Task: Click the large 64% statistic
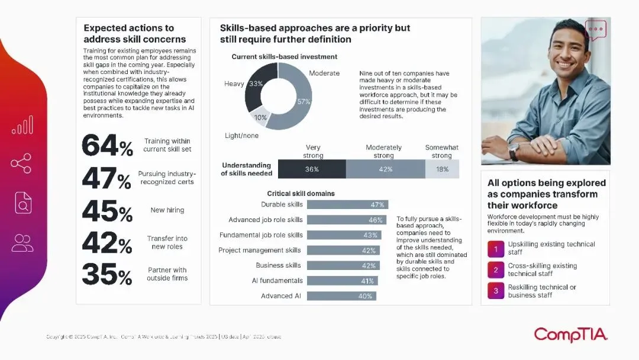click(107, 146)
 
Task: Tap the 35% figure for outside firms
click(107, 274)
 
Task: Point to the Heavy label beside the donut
click(234, 84)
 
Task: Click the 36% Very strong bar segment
click(312, 169)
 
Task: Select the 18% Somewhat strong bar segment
click(442, 169)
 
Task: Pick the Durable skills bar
click(347, 204)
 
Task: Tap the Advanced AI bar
click(341, 296)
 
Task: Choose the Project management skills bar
click(344, 250)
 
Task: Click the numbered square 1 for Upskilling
click(496, 248)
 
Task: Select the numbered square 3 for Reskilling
click(496, 291)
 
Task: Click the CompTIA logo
click(570, 335)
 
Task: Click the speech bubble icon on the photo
click(596, 29)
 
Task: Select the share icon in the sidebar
click(21, 163)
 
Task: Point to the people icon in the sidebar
click(22, 242)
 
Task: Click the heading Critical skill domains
click(301, 194)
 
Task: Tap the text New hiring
click(167, 210)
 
